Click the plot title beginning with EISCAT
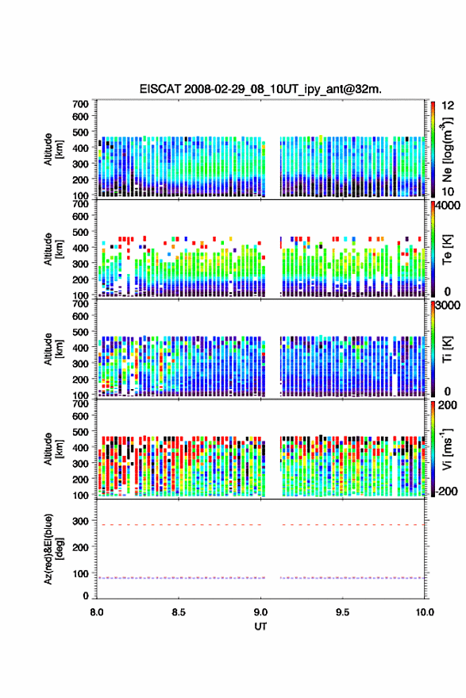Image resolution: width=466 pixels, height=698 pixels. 260,89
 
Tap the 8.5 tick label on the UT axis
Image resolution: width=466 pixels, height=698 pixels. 179,612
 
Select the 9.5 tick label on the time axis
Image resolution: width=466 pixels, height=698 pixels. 342,612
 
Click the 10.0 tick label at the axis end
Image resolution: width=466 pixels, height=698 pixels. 425,612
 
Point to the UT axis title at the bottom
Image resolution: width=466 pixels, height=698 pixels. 260,627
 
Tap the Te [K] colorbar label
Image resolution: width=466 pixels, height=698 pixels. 447,249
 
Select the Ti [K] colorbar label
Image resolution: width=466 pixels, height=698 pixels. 447,349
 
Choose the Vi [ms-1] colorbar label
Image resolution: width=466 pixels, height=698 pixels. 447,449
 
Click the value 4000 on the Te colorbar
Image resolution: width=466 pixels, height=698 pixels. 449,206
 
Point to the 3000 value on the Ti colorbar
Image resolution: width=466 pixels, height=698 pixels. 449,306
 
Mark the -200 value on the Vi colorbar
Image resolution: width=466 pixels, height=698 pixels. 446,491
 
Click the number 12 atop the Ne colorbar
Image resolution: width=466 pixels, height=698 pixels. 448,106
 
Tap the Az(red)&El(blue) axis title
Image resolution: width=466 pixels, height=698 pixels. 53,549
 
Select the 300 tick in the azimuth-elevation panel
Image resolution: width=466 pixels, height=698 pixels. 80,521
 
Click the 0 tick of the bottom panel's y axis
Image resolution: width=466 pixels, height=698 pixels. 86,596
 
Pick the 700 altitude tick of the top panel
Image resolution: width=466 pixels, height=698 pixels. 80,104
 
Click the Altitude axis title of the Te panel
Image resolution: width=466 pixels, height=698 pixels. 53,249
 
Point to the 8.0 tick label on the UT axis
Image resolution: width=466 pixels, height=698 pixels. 97,612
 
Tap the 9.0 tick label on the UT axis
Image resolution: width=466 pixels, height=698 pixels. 260,612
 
